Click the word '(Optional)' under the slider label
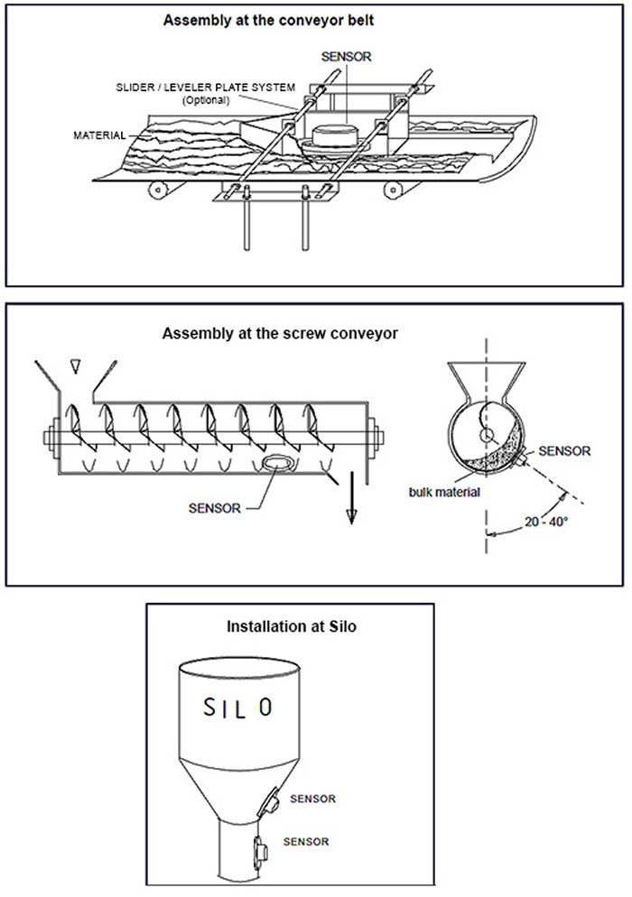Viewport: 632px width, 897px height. (x=209, y=99)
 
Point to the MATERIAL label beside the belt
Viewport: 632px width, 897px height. (x=99, y=136)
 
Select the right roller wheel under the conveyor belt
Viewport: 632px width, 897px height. (x=395, y=187)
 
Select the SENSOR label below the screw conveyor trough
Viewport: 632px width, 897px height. (x=215, y=507)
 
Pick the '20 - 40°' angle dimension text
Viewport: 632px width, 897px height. (x=545, y=521)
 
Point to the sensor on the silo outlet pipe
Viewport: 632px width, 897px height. (x=259, y=849)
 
